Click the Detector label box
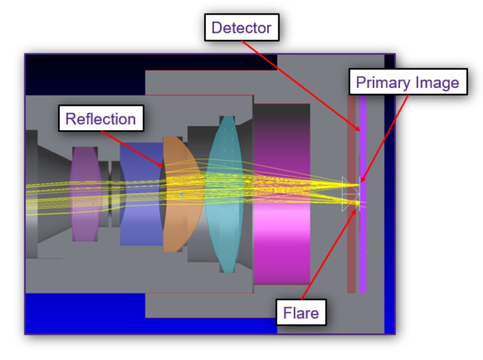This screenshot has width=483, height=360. (x=241, y=27)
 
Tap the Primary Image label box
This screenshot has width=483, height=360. (x=407, y=83)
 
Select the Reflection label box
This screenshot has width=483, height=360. (x=101, y=119)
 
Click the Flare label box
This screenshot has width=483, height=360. (x=301, y=312)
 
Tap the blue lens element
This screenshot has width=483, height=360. (x=139, y=227)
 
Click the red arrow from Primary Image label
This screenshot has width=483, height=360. (x=386, y=136)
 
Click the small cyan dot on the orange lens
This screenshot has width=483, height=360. (x=181, y=194)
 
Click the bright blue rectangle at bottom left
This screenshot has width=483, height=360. (x=85, y=312)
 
